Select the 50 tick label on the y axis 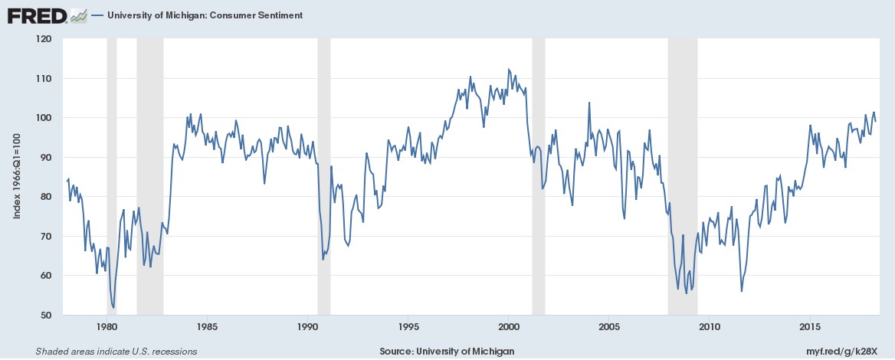46,315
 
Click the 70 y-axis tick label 46,236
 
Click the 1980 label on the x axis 107,327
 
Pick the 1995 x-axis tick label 408,327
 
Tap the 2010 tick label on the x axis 709,327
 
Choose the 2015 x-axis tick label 809,327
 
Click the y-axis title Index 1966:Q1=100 17,176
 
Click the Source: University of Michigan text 447,352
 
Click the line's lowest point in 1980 113,307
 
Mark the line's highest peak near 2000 509,69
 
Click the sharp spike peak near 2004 589,102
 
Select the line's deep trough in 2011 742,291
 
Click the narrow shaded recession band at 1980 112,176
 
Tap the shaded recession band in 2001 539,176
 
